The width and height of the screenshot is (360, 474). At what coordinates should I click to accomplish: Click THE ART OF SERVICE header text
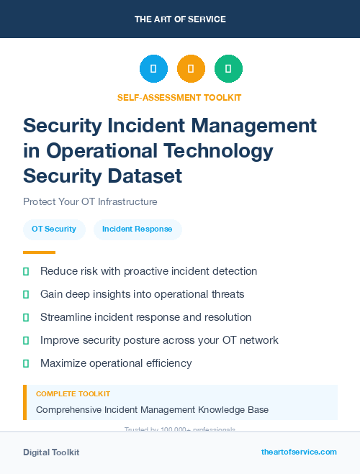(179, 19)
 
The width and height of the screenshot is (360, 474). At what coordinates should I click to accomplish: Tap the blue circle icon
(153, 69)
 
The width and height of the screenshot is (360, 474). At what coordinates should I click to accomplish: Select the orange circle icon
(191, 69)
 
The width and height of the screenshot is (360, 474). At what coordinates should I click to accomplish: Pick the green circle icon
(228, 69)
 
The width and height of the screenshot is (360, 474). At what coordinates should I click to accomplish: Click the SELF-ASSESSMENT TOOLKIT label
(179, 97)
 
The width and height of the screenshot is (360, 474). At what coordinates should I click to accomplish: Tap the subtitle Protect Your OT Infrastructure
(90, 201)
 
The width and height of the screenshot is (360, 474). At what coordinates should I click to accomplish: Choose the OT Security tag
(54, 229)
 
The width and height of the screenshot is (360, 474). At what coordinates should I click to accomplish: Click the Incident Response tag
(138, 229)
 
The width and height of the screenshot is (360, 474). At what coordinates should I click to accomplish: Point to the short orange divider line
(39, 252)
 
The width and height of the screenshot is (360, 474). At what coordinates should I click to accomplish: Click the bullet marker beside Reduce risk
(26, 272)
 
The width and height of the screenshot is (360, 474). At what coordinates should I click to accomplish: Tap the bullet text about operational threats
(143, 294)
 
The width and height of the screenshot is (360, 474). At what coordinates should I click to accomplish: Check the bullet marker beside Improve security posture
(26, 340)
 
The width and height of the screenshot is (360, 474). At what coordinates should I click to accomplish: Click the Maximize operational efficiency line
(116, 363)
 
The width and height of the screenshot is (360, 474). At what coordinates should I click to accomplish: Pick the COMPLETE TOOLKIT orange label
(73, 394)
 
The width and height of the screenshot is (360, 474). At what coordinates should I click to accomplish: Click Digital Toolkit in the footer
(51, 452)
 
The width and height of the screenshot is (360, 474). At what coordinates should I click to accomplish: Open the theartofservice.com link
(299, 452)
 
